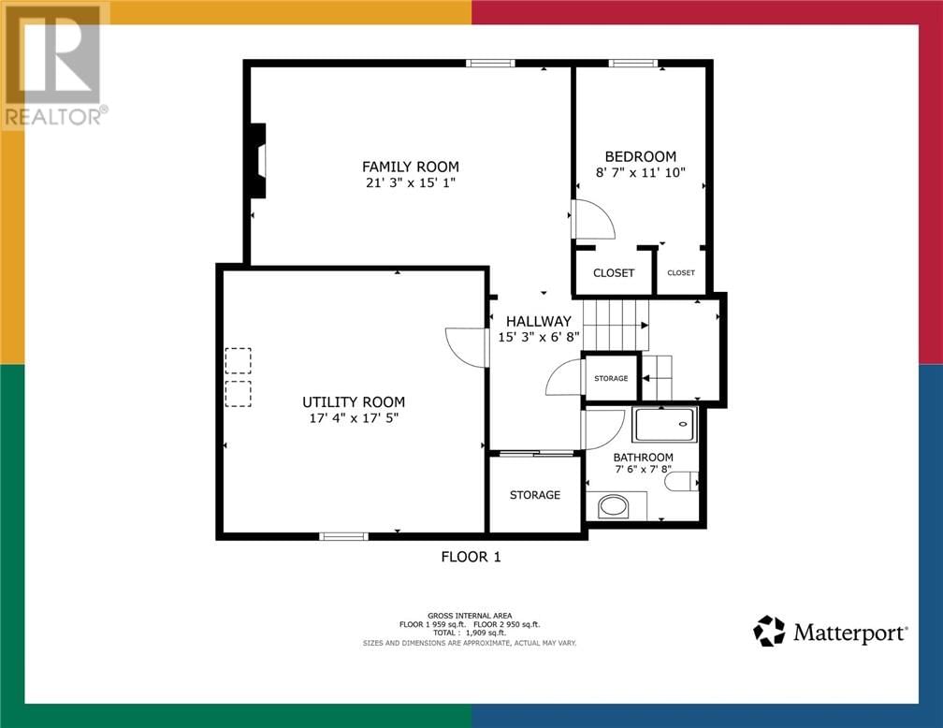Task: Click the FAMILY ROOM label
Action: pos(411,167)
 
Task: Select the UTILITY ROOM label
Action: pos(354,401)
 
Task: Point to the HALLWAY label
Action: pos(539,321)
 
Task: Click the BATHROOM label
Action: pos(643,458)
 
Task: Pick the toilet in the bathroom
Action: pos(685,481)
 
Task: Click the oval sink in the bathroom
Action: pos(614,506)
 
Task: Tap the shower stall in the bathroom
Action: pos(665,424)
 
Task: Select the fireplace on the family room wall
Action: pos(256,161)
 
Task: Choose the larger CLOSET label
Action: pos(614,273)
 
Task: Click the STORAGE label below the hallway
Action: pos(535,494)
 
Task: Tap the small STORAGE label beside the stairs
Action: pos(611,378)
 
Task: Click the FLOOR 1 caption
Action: pos(471,557)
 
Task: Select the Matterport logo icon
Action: pos(769,631)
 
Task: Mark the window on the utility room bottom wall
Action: pos(343,536)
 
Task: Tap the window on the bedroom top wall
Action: pos(632,64)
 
